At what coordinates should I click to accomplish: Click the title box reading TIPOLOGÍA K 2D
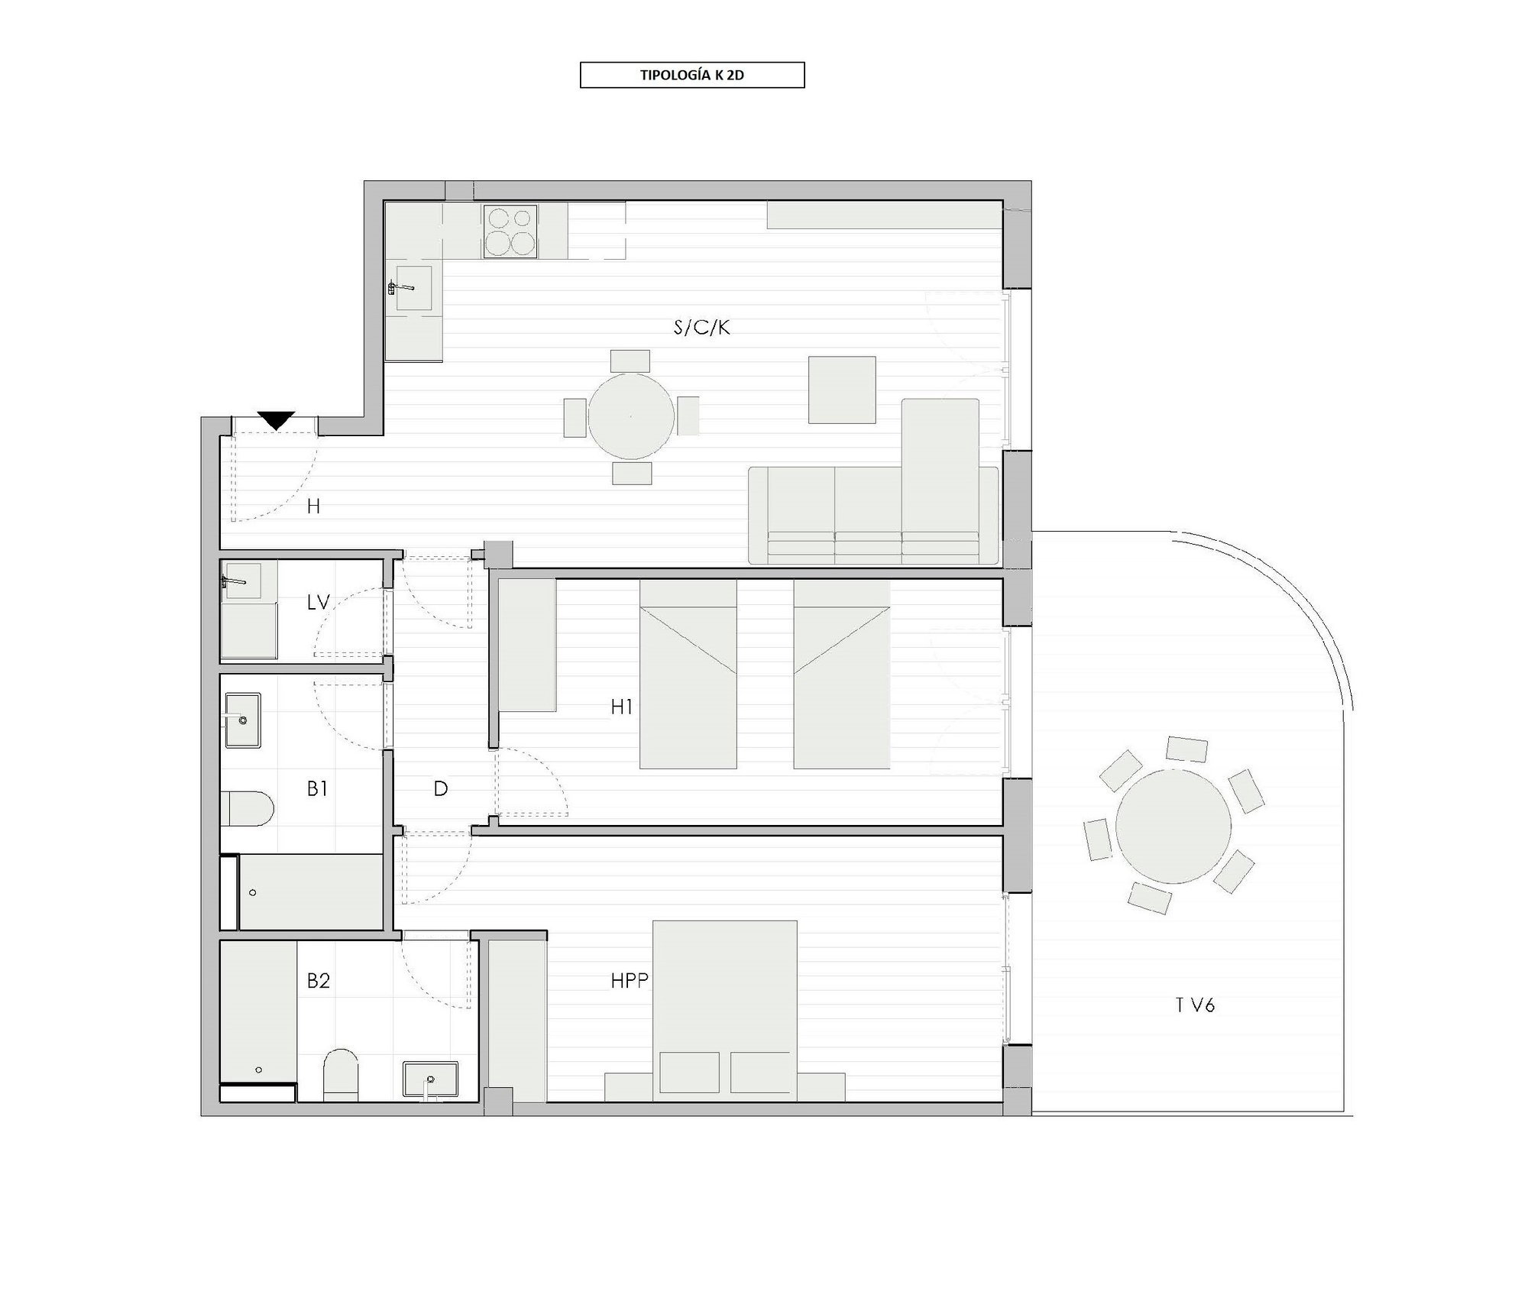692,75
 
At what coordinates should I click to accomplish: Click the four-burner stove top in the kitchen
510,231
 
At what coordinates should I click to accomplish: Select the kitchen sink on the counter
414,288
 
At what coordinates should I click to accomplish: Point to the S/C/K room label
701,328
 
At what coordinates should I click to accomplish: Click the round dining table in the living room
631,416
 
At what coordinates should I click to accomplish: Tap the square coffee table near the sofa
842,389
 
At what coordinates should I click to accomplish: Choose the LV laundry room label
318,603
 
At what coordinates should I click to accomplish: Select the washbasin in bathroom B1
242,720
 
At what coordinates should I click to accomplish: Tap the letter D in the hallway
441,789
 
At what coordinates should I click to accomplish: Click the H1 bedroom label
622,707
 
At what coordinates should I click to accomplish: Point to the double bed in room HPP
725,1011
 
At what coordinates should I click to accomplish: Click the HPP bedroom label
630,981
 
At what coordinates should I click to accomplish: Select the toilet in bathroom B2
341,1076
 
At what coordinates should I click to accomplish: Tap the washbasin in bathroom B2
430,1079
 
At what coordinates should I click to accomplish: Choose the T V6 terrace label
1195,1006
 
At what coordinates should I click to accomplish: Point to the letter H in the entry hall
313,506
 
